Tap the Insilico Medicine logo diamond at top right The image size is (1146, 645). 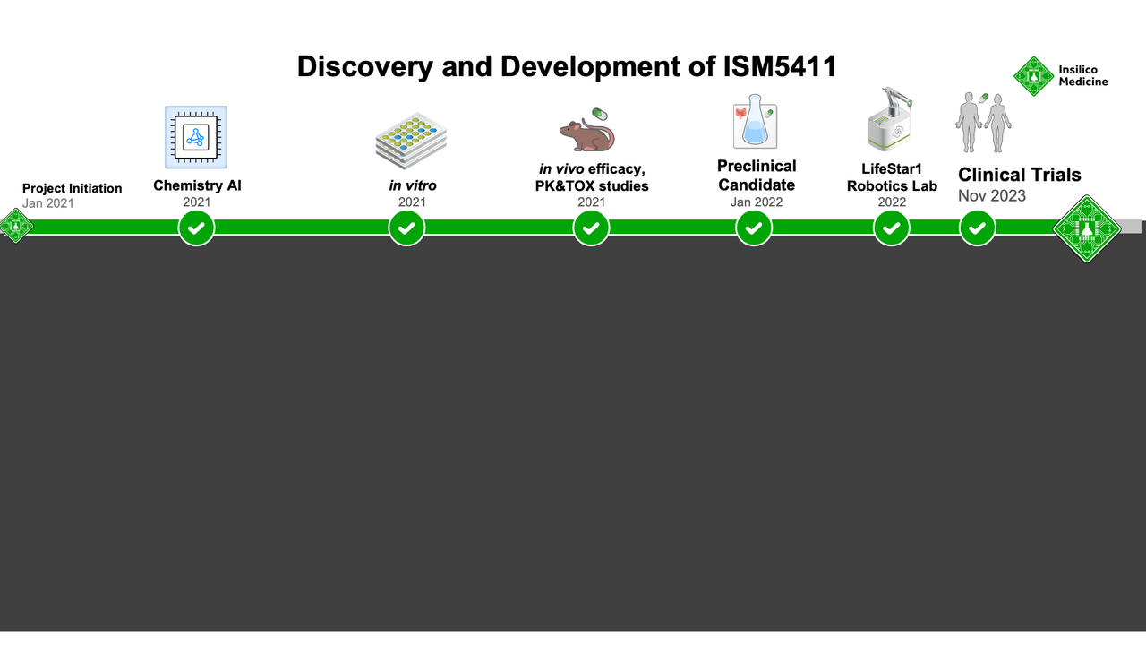(1033, 76)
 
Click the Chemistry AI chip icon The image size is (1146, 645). (196, 137)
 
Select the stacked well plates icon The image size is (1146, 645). (411, 141)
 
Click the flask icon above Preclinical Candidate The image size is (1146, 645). (754, 123)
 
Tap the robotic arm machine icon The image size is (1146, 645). (890, 119)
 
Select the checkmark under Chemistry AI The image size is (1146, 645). (196, 228)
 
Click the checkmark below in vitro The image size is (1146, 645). (406, 228)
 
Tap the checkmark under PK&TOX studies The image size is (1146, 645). (591, 228)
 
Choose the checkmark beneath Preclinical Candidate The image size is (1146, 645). (754, 228)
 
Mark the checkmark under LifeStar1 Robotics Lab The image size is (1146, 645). (892, 228)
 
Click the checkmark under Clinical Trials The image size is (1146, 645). (977, 228)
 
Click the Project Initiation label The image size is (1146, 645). (72, 188)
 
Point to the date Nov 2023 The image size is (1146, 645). (992, 196)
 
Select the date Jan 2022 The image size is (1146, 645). (757, 202)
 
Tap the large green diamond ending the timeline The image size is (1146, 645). (1087, 228)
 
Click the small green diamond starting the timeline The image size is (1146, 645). (15, 226)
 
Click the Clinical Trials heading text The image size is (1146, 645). (1020, 175)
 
